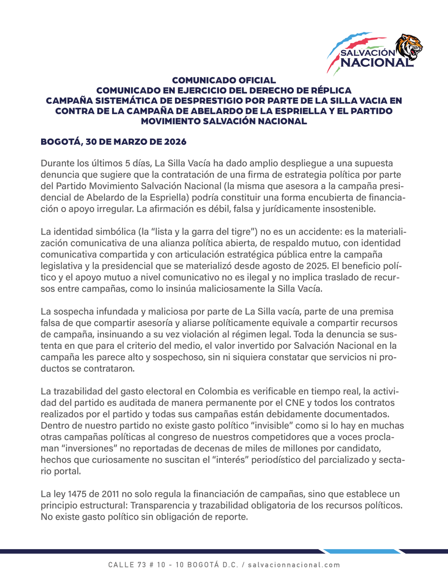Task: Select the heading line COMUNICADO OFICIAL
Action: pyautogui.click(x=224, y=80)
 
